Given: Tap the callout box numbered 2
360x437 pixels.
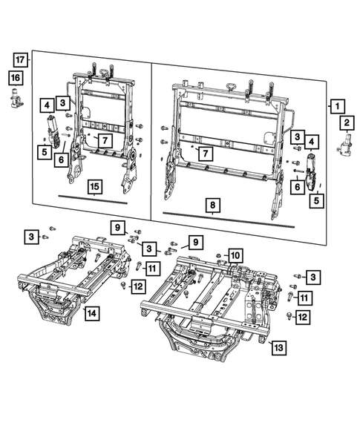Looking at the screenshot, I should [x=347, y=122].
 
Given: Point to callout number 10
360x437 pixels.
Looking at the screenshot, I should [x=234, y=257].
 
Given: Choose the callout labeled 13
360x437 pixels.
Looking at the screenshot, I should [x=278, y=347].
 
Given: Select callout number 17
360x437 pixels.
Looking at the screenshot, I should [x=20, y=59].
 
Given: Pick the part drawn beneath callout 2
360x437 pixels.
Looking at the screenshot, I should [x=344, y=147].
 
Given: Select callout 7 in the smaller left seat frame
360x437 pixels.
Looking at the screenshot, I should [x=105, y=139].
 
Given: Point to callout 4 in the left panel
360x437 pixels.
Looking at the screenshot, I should [x=46, y=105].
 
